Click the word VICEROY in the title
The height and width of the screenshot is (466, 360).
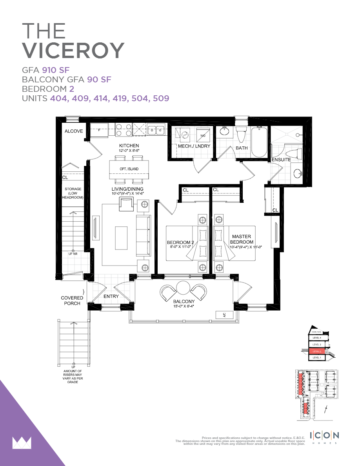(x=73, y=51)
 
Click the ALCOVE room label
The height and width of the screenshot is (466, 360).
(x=74, y=131)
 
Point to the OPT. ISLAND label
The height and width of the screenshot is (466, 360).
(x=129, y=169)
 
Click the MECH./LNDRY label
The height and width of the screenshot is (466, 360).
(x=194, y=146)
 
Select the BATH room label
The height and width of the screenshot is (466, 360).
(x=242, y=148)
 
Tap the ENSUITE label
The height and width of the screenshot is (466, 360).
(x=281, y=160)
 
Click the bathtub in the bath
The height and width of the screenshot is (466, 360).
(x=259, y=142)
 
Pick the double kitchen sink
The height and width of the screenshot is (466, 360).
(x=156, y=130)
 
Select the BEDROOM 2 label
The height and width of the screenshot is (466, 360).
(x=180, y=243)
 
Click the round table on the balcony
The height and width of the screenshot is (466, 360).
(x=183, y=288)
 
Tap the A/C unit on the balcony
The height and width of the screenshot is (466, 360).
(x=224, y=315)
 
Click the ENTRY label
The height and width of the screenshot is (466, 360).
(x=111, y=296)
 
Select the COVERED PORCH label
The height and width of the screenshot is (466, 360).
(x=72, y=300)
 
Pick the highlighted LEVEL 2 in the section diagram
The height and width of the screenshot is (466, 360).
(x=317, y=351)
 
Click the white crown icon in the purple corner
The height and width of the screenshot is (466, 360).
(x=22, y=442)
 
